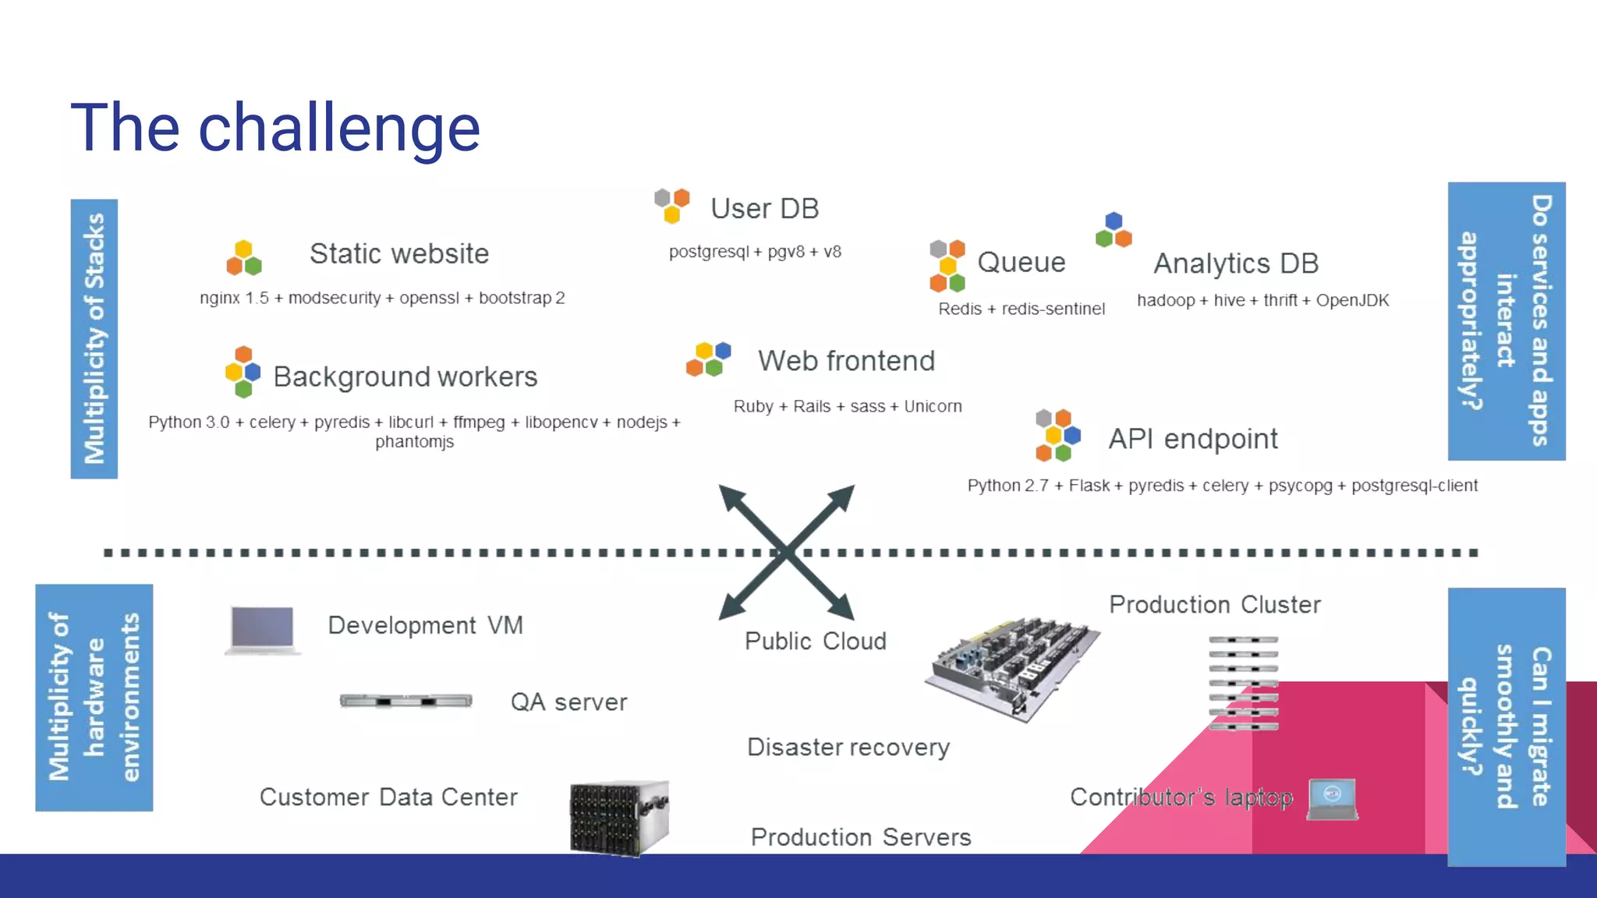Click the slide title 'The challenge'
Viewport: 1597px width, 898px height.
click(x=275, y=129)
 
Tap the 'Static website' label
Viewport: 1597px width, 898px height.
click(x=398, y=254)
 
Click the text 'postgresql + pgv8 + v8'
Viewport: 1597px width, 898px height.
click(x=755, y=252)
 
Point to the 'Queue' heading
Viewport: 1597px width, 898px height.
click(x=1021, y=263)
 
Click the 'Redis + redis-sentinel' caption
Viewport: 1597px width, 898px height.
click(x=1021, y=309)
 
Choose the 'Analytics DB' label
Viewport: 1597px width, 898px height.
click(x=1236, y=263)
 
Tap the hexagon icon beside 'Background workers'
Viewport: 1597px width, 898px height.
click(x=243, y=371)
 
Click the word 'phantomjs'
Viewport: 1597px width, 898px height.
click(x=414, y=442)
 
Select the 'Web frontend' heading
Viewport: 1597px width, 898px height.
click(x=846, y=361)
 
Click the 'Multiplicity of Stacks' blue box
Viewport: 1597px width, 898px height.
click(x=94, y=338)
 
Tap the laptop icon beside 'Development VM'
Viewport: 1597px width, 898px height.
click(x=263, y=629)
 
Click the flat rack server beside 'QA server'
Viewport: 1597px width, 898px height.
click(x=405, y=701)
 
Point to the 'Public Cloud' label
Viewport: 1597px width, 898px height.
click(x=815, y=641)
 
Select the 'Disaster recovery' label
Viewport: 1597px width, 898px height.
click(x=848, y=747)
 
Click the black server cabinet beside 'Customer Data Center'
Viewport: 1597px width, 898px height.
click(x=619, y=818)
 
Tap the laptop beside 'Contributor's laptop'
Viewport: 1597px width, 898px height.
click(x=1333, y=799)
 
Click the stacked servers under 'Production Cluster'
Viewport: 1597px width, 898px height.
click(x=1243, y=682)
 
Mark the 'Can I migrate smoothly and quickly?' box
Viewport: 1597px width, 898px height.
click(x=1506, y=727)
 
